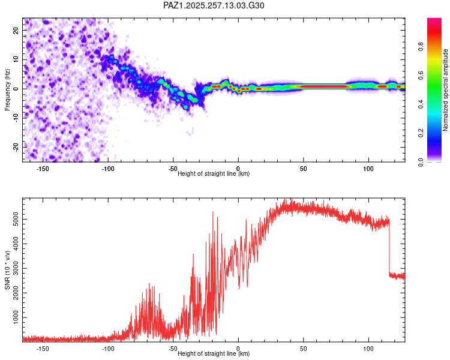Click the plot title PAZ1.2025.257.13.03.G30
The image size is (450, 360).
coord(214,5)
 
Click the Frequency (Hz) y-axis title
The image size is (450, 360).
coord(7,90)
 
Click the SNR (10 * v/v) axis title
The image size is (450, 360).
coord(7,270)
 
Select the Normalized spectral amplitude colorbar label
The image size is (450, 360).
coord(445,90)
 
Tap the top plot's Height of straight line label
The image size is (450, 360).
coord(214,173)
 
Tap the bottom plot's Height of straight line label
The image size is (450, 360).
coord(214,353)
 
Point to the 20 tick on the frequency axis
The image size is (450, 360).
coord(16,31)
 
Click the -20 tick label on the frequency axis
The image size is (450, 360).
coord(16,148)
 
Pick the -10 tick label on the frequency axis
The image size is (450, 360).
coord(16,118)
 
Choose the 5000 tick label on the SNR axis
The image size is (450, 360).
coord(16,220)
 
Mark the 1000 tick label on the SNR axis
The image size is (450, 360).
coord(16,317)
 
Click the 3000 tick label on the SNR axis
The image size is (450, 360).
coord(16,268)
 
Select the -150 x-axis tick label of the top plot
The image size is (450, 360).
coord(43,169)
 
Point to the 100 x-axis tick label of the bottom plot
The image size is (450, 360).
coord(368,349)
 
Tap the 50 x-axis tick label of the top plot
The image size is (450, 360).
coord(304,169)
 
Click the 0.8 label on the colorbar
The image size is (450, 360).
coord(421,46)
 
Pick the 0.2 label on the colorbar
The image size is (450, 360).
coord(421,133)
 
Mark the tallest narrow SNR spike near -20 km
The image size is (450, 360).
coord(213,213)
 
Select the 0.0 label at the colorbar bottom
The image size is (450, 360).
coord(421,162)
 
